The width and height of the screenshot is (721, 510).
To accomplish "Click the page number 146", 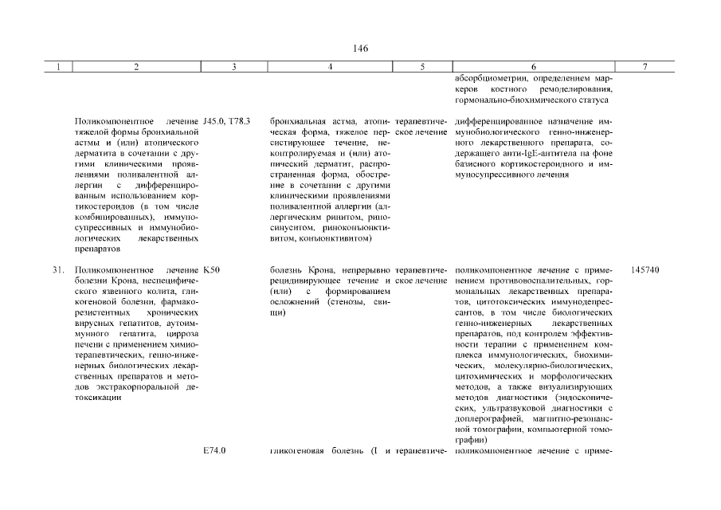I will [360, 49].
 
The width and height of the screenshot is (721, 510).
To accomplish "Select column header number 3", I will [233, 68].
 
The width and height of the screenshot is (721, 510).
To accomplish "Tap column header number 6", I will [533, 68].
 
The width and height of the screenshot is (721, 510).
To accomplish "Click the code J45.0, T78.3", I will [227, 121].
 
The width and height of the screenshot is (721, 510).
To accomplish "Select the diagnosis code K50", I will [212, 270].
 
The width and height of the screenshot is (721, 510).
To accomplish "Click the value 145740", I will [645, 270].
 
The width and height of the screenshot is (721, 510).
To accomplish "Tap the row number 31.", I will [58, 270].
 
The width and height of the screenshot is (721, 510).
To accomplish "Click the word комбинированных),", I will [112, 217].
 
